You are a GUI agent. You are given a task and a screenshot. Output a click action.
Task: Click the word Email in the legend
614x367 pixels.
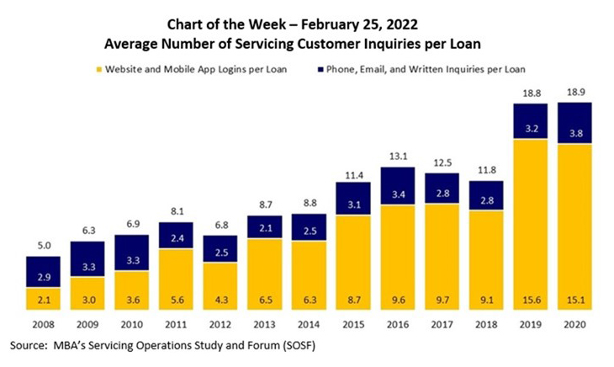387,68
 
